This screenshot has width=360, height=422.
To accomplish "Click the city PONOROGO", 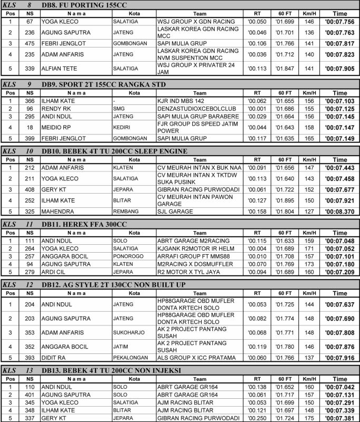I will point(127,256).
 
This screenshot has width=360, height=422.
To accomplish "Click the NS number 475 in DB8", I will point(30,43).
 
